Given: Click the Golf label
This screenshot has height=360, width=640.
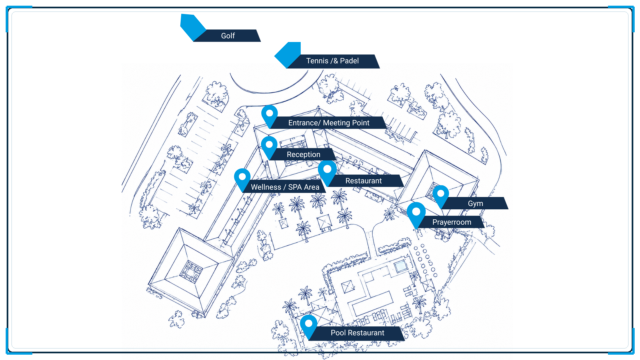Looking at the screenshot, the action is click(228, 36).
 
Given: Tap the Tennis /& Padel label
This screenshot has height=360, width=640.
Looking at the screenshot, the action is click(332, 61).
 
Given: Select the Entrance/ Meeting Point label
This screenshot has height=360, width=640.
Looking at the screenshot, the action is click(329, 123).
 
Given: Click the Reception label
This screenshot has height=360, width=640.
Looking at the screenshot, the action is click(303, 155).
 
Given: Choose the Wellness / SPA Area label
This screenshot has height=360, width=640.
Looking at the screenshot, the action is click(285, 187).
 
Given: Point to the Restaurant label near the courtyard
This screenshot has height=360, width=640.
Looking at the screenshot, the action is click(363, 181).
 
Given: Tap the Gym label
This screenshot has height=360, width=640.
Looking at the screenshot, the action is click(475, 204).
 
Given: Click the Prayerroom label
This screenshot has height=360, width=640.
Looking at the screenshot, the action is click(452, 222).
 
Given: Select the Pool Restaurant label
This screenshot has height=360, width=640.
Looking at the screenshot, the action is click(357, 333).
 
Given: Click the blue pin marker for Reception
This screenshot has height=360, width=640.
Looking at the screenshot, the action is click(269, 147).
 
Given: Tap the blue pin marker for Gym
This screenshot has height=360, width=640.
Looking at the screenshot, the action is click(441, 196).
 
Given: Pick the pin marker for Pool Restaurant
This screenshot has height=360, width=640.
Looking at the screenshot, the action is click(309, 326).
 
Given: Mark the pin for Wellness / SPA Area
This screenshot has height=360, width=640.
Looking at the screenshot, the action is click(242, 179).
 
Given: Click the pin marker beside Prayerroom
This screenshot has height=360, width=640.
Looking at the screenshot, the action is click(416, 214).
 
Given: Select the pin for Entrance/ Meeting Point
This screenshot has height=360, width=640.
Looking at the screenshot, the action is click(269, 115).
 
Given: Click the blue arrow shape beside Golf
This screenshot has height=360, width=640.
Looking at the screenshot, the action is click(193, 27).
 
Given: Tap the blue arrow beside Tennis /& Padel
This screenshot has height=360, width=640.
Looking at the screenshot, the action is click(287, 55).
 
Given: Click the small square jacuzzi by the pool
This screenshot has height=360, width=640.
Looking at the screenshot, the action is click(400, 266).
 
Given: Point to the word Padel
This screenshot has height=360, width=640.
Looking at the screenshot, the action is click(349, 61).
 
